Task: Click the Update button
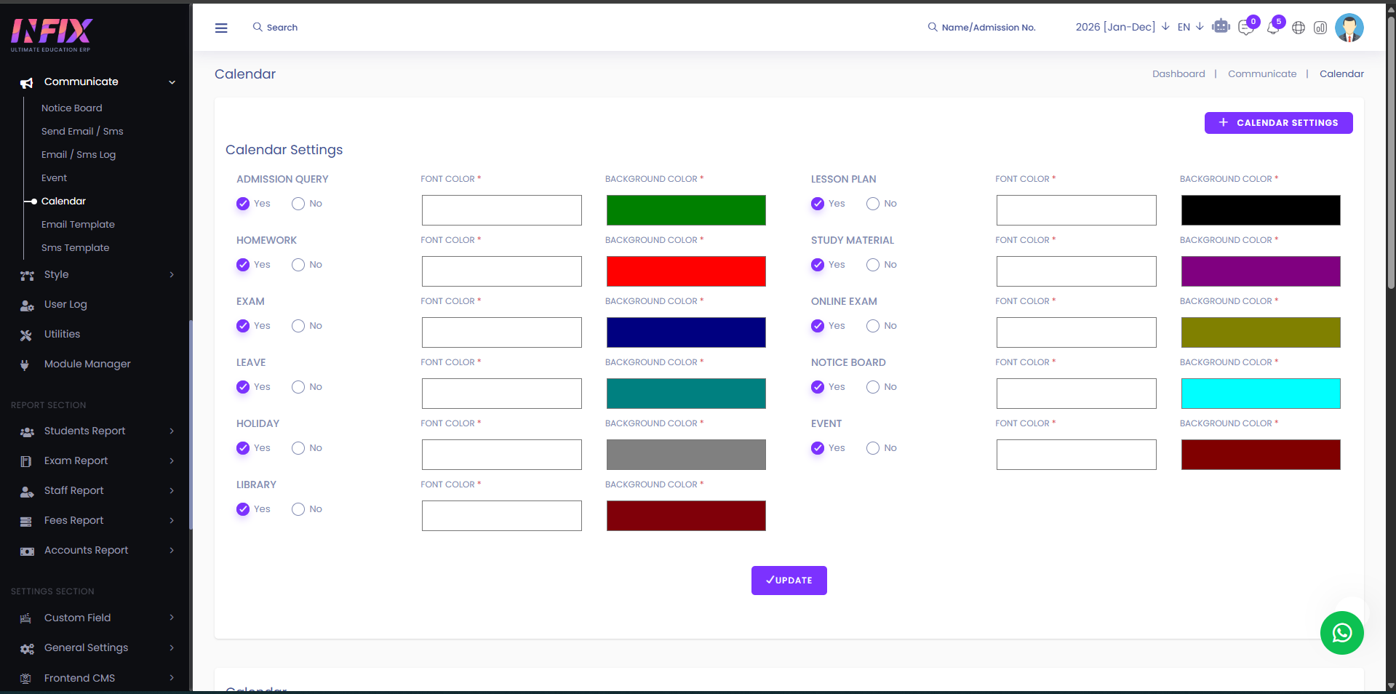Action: (789, 581)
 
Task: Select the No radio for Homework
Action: (298, 265)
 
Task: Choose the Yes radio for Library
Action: (243, 509)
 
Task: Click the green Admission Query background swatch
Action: (686, 210)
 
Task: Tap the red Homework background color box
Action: (686, 271)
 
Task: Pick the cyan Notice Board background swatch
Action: (1261, 394)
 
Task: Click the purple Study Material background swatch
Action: (1261, 271)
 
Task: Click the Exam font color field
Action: (502, 332)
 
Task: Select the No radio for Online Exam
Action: (873, 326)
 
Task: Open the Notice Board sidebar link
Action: (72, 108)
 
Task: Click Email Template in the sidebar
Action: (78, 224)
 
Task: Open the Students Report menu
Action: (85, 431)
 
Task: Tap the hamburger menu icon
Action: (221, 28)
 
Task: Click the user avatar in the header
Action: (1349, 28)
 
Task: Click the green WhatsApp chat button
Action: (1342, 633)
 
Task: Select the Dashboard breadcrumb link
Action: (1178, 74)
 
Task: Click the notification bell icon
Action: (1273, 28)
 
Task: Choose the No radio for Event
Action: (873, 448)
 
